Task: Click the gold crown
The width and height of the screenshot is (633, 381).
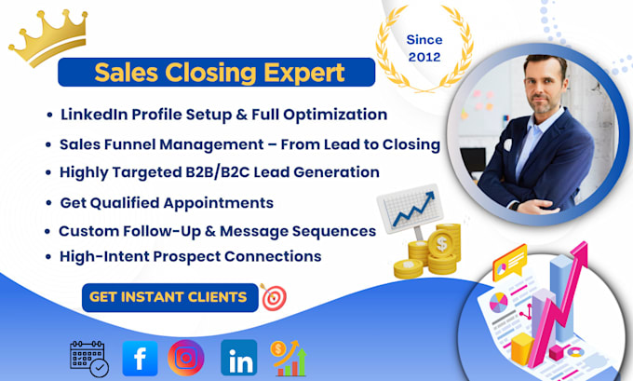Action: click(x=48, y=37)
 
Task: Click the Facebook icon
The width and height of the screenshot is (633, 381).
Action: click(x=140, y=358)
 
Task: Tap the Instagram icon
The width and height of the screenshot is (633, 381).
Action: click(x=186, y=358)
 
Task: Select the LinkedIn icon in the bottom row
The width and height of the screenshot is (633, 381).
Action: click(x=239, y=358)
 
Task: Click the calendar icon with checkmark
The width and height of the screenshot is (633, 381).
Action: click(x=89, y=359)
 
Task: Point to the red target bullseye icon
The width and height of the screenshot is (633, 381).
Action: click(x=274, y=297)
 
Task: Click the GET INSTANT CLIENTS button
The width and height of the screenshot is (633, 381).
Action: click(x=170, y=297)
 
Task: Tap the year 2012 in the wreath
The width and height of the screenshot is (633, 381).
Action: click(x=424, y=57)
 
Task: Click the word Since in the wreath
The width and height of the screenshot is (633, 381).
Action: click(x=424, y=40)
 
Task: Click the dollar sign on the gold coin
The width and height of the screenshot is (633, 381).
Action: click(x=441, y=244)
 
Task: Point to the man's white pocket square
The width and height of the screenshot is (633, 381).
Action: click(x=507, y=144)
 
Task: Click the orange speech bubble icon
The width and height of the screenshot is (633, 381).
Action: click(x=510, y=263)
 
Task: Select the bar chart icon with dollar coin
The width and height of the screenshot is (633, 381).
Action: click(x=289, y=359)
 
